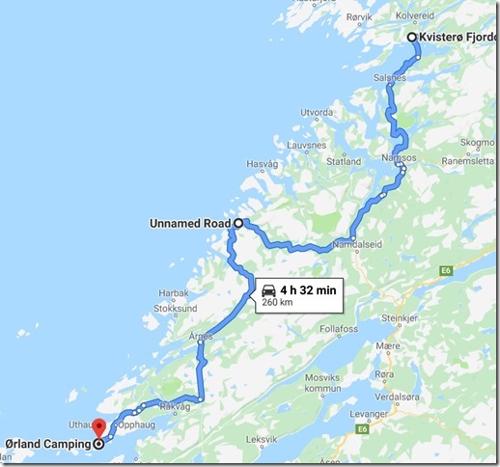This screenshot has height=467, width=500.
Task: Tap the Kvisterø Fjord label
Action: (x=459, y=38)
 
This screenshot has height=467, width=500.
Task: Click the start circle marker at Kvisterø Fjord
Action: (x=412, y=37)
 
